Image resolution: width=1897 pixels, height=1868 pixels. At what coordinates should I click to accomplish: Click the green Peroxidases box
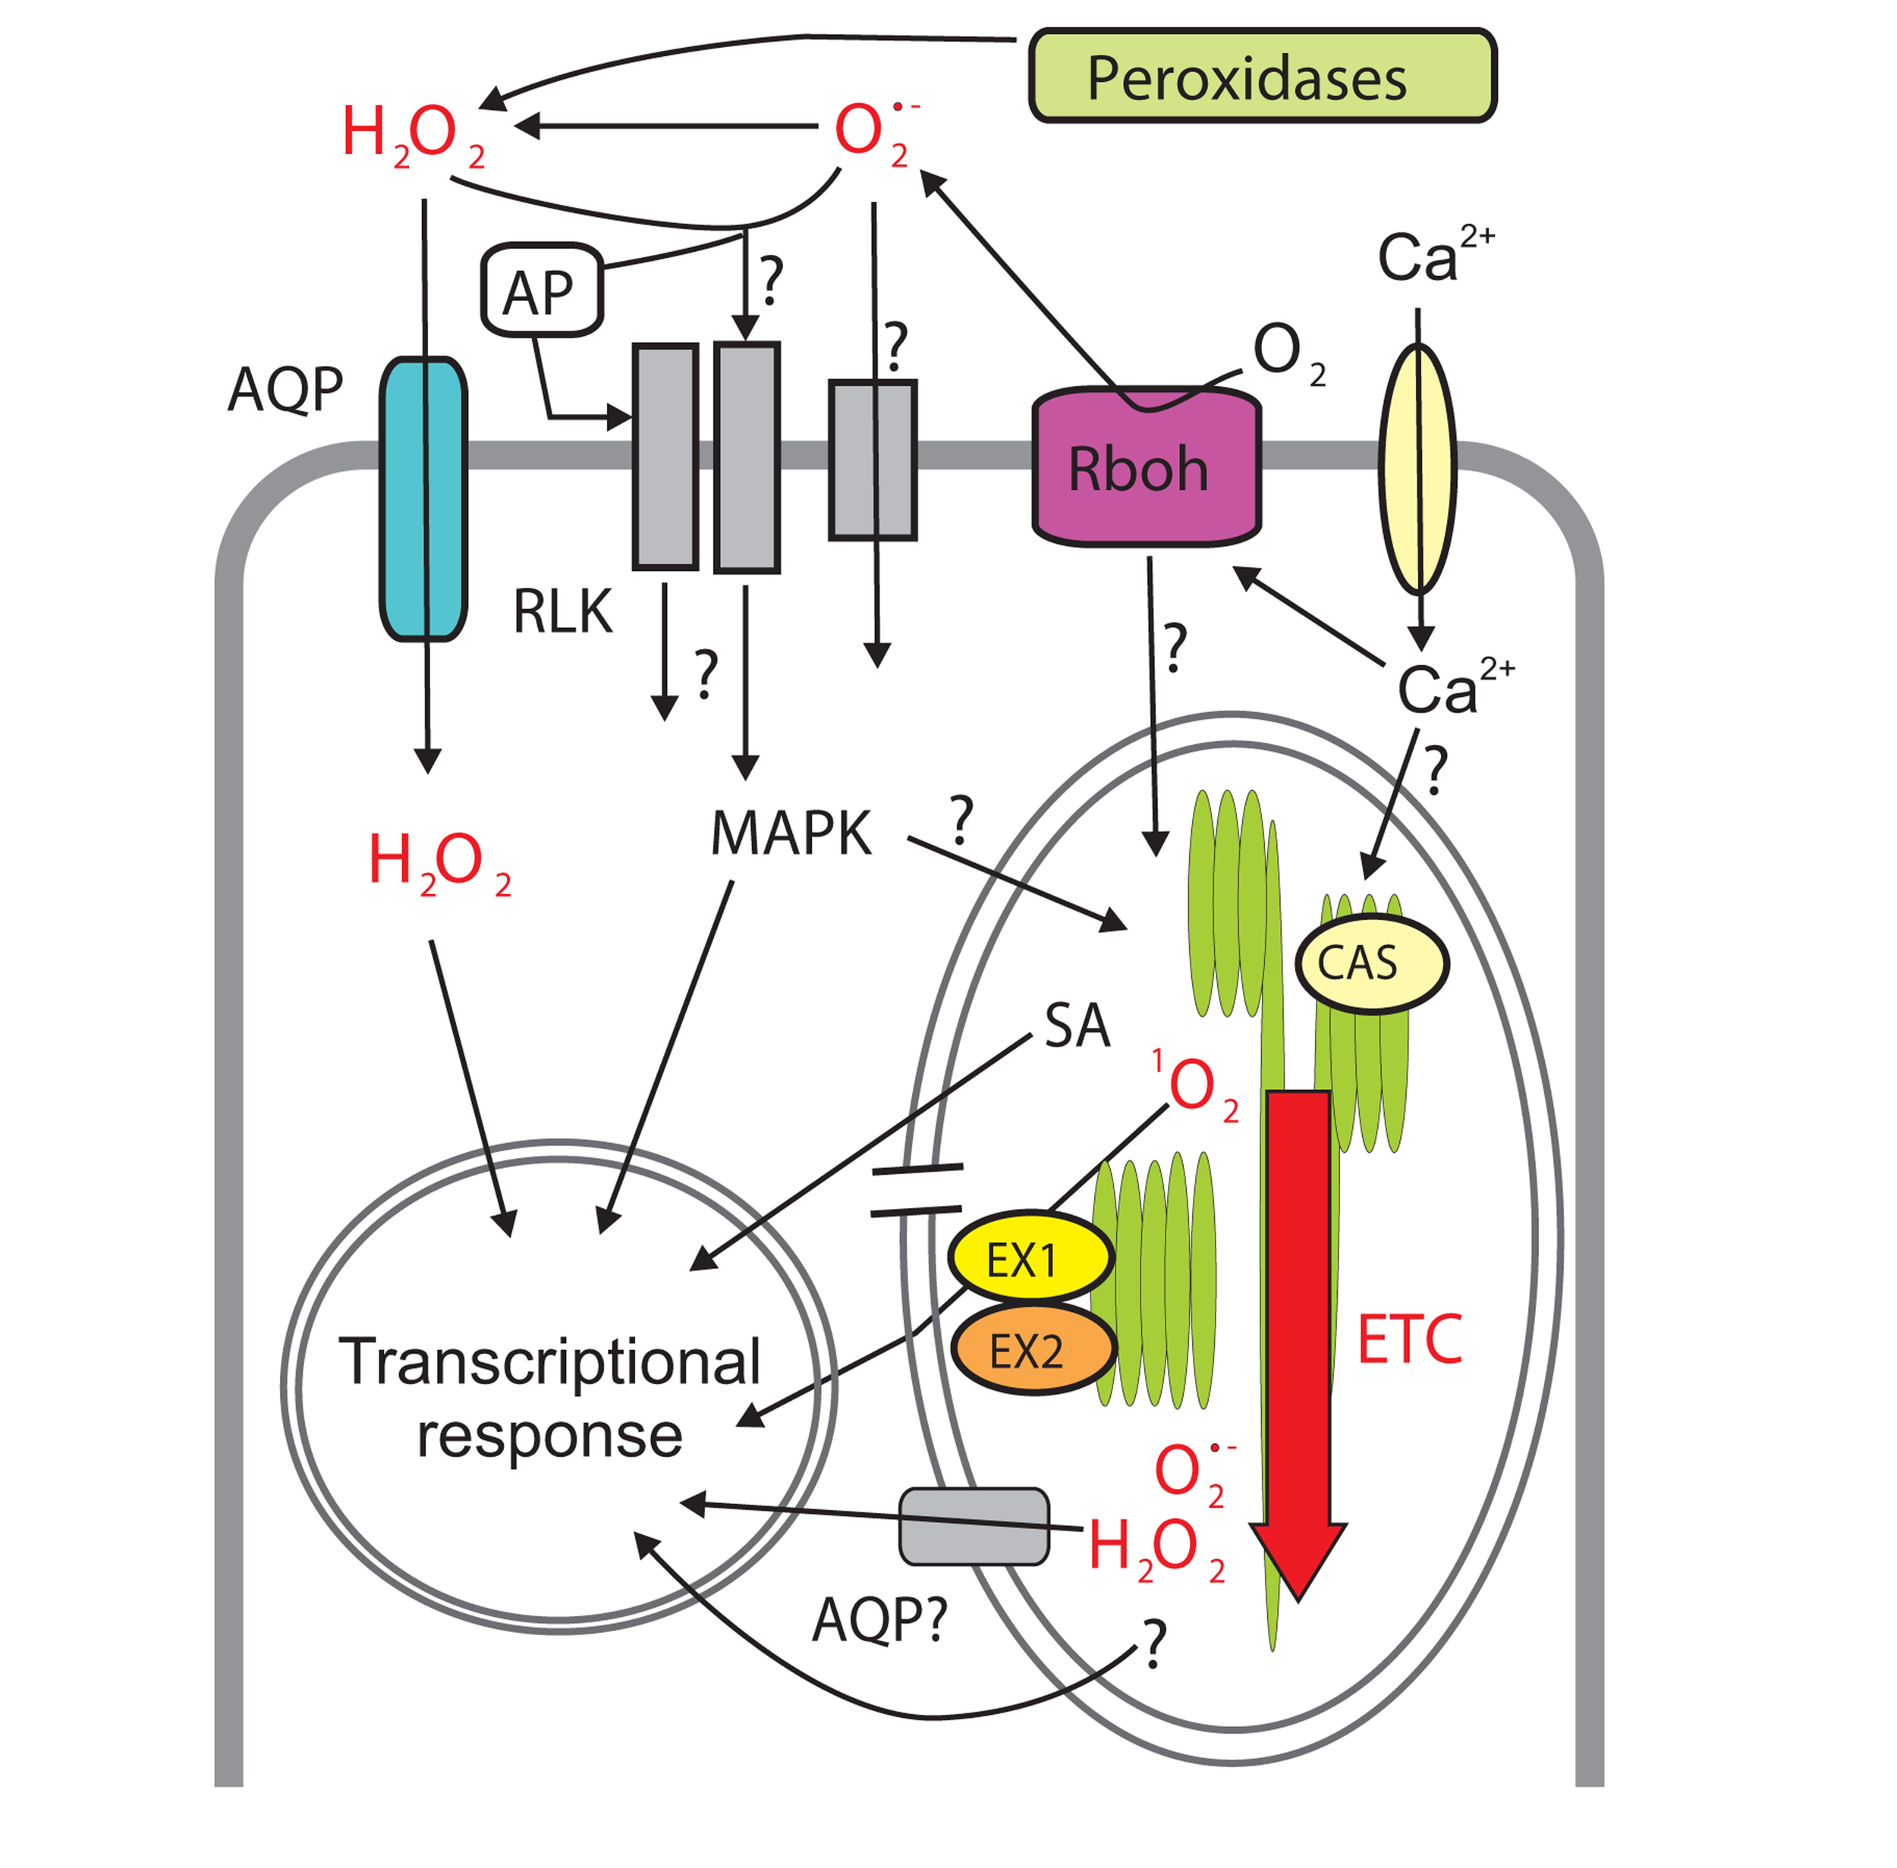(x=1261, y=76)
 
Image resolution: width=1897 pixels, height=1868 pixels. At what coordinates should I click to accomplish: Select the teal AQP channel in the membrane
(x=423, y=499)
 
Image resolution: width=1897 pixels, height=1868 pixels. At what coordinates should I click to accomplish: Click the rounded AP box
(x=541, y=290)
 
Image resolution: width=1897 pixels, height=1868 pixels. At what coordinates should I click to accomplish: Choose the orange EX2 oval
(x=1033, y=1350)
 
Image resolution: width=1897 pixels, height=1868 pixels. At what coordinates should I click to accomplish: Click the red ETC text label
(x=1408, y=1340)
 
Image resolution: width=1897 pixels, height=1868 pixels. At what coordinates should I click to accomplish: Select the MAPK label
(x=790, y=834)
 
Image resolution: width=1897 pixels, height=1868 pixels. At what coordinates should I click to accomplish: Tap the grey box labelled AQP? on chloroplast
(x=974, y=1526)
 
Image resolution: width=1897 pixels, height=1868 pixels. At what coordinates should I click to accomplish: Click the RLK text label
(x=562, y=611)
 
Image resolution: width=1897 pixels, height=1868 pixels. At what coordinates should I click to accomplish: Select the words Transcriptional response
(x=549, y=1397)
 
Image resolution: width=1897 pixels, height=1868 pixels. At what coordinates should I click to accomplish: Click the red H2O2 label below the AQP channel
(x=438, y=862)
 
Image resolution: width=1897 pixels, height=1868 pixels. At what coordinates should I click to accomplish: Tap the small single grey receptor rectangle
(x=871, y=460)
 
